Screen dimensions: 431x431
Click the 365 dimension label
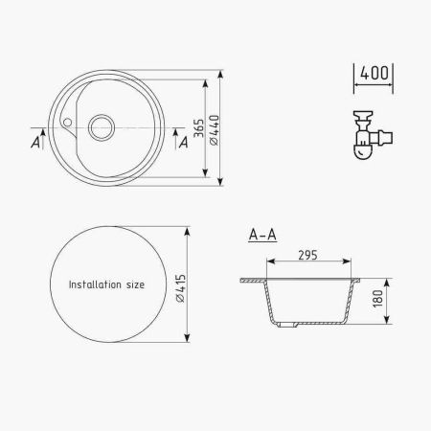pyautogui.click(x=198, y=128)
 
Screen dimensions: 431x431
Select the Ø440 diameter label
pyautogui.click(x=215, y=130)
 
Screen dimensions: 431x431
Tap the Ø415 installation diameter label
pyautogui.click(x=181, y=288)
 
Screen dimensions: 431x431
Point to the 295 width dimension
pyautogui.click(x=308, y=256)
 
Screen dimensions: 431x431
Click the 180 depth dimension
pyautogui.click(x=378, y=299)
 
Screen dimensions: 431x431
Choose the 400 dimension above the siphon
pyautogui.click(x=374, y=73)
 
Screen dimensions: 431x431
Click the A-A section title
pyautogui.click(x=262, y=235)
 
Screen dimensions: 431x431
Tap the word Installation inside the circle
pyautogui.click(x=95, y=284)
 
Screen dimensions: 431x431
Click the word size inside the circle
pyautogui.click(x=135, y=284)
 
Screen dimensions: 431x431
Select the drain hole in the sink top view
pyautogui.click(x=102, y=127)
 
